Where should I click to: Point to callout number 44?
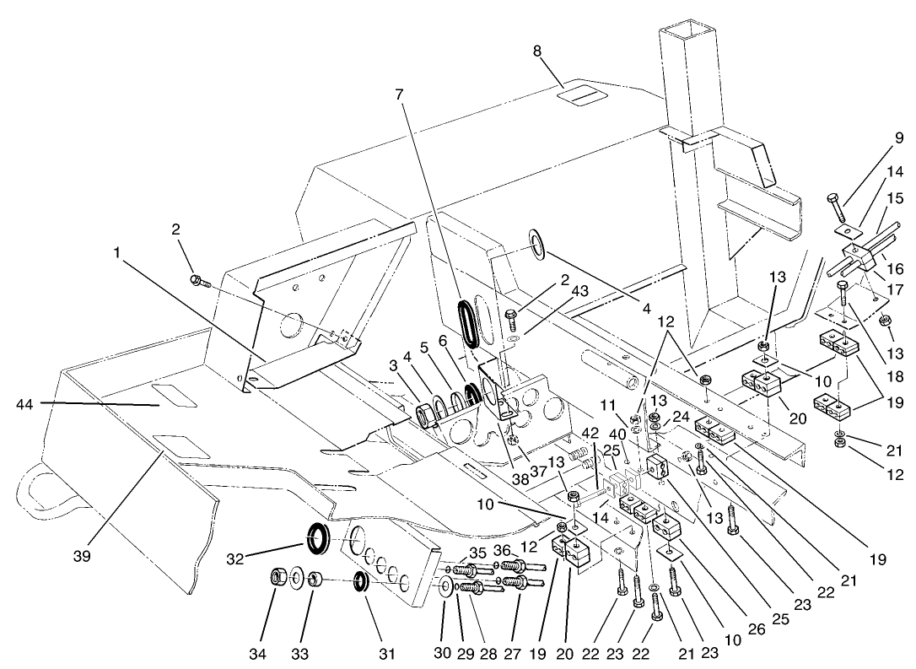coord(26,405)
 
